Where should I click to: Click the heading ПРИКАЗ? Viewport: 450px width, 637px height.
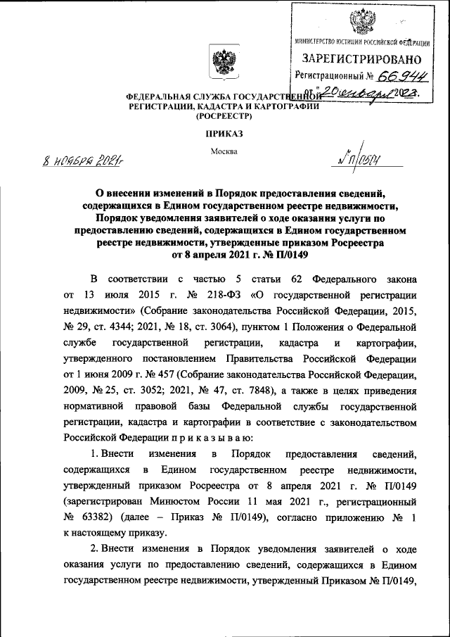(x=224, y=133)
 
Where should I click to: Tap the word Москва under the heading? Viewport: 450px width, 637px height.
(x=224, y=151)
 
